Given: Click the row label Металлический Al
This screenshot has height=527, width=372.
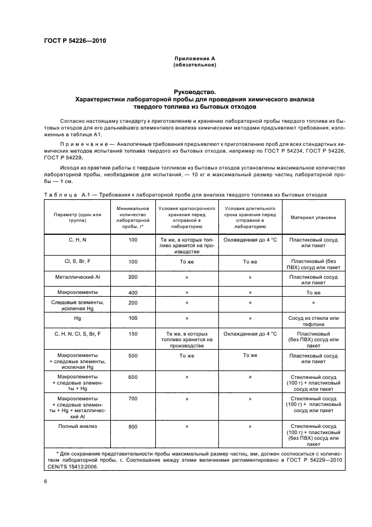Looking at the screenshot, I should pyautogui.click(x=78, y=277).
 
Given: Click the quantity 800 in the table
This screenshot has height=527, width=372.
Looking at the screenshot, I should pyautogui.click(x=133, y=427).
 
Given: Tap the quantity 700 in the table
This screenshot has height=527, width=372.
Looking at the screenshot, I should pyautogui.click(x=133, y=398).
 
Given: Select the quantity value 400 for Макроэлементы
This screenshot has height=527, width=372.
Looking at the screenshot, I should pyautogui.click(x=133, y=293).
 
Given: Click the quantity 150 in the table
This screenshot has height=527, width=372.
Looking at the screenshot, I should pyautogui.click(x=133, y=334).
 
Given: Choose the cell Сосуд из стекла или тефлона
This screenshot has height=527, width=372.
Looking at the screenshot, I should pyautogui.click(x=313, y=321).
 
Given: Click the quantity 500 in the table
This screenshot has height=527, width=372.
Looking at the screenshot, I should pyautogui.click(x=133, y=356).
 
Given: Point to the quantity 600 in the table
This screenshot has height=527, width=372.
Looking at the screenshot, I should pyautogui.click(x=133, y=377).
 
